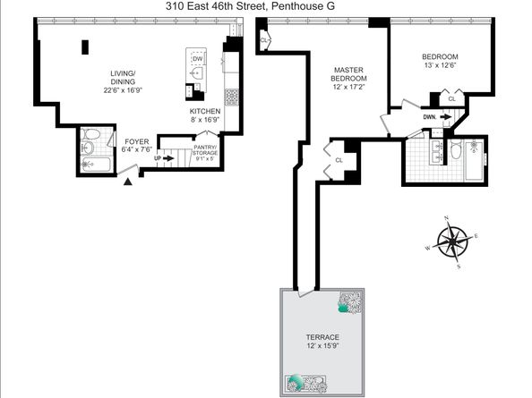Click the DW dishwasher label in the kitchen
pyautogui.click(x=197, y=59)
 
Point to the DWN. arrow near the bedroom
pyautogui.click(x=431, y=115)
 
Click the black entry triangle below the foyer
pyautogui.click(x=127, y=182)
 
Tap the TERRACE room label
pyautogui.click(x=320, y=337)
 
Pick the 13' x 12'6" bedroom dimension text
pyautogui.click(x=441, y=65)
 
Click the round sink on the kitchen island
pyautogui.click(x=196, y=74)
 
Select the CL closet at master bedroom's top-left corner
pyautogui.click(x=264, y=40)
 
